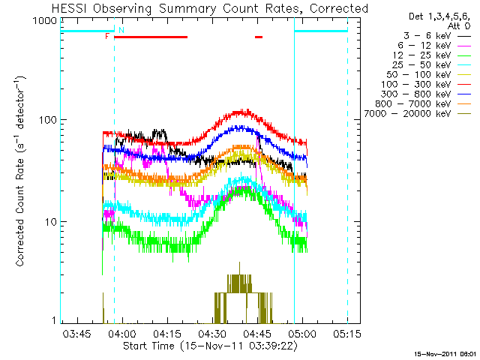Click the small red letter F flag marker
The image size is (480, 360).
click(107, 35)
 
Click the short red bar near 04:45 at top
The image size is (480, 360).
click(259, 36)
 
